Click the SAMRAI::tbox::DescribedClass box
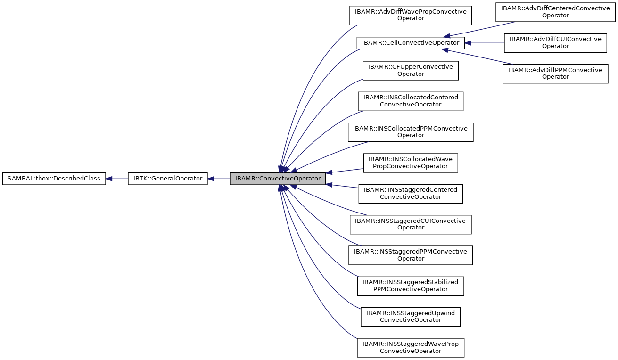pyautogui.click(x=54, y=179)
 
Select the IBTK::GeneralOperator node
pyautogui.click(x=168, y=179)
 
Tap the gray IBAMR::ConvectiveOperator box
pyautogui.click(x=278, y=179)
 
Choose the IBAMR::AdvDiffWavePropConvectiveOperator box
pyautogui.click(x=410, y=15)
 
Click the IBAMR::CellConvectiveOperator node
pyautogui.click(x=410, y=43)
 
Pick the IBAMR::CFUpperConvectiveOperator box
pyautogui.click(x=410, y=71)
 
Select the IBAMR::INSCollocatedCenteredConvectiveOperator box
pyautogui.click(x=410, y=101)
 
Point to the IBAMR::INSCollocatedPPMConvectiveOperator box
pyautogui.click(x=410, y=132)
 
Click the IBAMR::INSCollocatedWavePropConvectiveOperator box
pyautogui.click(x=410, y=163)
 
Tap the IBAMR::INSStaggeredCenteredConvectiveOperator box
pyautogui.click(x=410, y=193)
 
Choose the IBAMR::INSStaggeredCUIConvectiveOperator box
pyautogui.click(x=410, y=224)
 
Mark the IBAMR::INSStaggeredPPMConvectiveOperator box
pyautogui.click(x=410, y=255)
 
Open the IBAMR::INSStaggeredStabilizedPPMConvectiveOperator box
pyautogui.click(x=410, y=286)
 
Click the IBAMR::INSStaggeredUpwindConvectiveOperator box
pyautogui.click(x=410, y=316)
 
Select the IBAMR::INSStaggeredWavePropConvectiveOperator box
pyautogui.click(x=410, y=347)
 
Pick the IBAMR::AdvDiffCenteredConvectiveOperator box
pyautogui.click(x=555, y=12)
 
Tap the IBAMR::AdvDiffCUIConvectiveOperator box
pyautogui.click(x=555, y=43)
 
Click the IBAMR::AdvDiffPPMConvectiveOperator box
pyautogui.click(x=555, y=74)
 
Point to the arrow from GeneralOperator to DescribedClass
pyautogui.click(x=117, y=179)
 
